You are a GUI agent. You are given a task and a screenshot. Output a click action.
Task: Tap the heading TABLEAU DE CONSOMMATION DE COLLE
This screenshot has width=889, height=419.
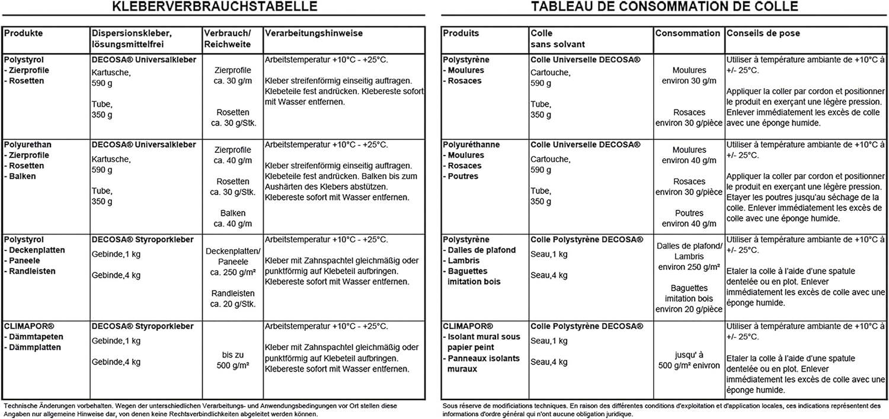[x=664, y=7]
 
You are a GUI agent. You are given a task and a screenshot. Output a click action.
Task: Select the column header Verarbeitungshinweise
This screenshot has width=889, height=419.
[x=314, y=34]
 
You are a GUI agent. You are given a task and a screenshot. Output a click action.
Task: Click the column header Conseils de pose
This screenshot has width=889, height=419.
[x=763, y=34]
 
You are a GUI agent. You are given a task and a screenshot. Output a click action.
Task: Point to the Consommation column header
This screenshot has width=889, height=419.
[x=687, y=34]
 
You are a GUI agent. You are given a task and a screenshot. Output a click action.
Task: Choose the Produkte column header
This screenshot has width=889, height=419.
[x=23, y=34]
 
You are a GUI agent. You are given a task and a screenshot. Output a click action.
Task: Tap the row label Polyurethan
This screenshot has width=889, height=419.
[x=28, y=144]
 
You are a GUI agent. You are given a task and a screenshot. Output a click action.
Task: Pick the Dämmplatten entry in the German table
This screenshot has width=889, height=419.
[x=36, y=347]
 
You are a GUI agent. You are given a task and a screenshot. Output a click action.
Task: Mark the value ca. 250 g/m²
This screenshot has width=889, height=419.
[x=232, y=273]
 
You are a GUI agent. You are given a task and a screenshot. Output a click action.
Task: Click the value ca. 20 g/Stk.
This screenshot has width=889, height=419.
[x=232, y=304]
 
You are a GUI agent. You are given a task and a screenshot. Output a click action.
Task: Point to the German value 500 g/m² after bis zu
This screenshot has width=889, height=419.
[x=232, y=366]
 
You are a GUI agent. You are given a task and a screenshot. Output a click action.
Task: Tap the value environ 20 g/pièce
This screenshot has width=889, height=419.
[x=689, y=309]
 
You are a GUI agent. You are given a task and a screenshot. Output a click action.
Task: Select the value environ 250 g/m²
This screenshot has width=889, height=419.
[x=689, y=267]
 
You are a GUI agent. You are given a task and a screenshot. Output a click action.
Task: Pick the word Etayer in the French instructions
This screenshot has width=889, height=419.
[x=738, y=197]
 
